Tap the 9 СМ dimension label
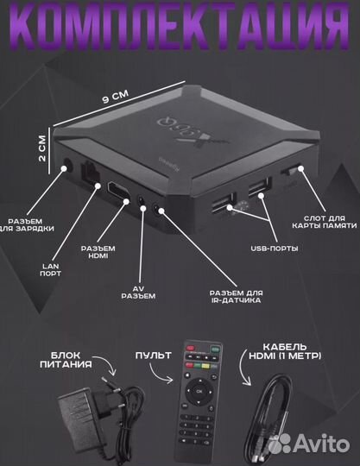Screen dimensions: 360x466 116,97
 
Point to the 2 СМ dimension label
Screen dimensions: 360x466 42,148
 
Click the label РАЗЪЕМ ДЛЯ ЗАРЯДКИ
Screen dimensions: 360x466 28,225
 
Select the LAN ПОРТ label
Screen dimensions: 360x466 50,269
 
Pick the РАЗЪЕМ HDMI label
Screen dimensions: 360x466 98,252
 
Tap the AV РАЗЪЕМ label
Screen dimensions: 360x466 138,293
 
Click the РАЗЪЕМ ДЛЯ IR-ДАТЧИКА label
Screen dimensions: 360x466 236,297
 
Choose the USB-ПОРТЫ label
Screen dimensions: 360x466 275,249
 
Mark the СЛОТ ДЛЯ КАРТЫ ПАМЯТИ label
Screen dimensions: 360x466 325,222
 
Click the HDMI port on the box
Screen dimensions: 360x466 118,190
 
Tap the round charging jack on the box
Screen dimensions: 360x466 68,165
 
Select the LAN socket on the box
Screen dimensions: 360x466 91,173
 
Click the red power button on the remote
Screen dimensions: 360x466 190,348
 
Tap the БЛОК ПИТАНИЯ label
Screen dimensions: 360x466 66,360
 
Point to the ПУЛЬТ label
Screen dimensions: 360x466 154,356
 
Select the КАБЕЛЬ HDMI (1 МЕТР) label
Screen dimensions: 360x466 285,351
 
